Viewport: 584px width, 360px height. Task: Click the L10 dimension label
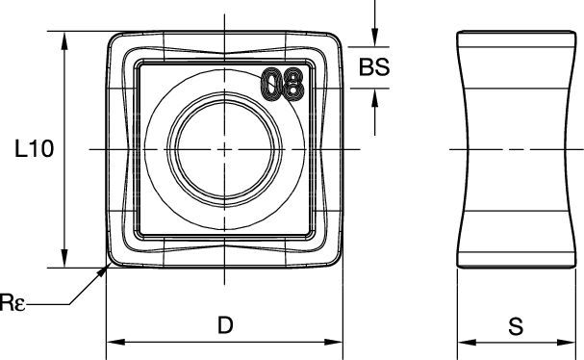tap(33, 149)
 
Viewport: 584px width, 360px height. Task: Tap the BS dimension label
tap(374, 67)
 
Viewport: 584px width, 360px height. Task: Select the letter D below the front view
tap(224, 325)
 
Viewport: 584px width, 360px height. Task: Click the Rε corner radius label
tap(14, 304)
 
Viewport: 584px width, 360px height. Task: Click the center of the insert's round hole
tap(224, 149)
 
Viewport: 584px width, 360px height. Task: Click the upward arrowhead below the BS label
tap(374, 95)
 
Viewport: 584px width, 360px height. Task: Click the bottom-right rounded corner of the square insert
tap(336, 259)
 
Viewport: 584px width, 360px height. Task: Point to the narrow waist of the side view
tap(517, 149)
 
